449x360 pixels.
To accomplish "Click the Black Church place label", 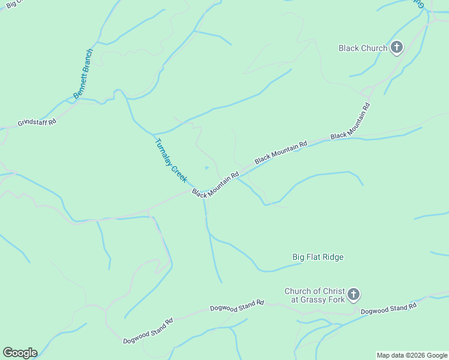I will point(363,48).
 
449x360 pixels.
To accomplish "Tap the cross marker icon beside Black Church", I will point(396,47).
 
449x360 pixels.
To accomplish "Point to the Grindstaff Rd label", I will point(37,122).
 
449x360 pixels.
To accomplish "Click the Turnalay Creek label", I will point(172,161).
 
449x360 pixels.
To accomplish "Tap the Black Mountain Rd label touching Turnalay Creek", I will point(215,184).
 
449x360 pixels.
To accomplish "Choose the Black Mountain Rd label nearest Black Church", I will point(350,121).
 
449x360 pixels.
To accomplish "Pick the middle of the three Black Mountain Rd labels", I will point(281,152).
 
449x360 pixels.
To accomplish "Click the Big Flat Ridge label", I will point(318,257).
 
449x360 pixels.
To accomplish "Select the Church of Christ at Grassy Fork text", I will point(315,295).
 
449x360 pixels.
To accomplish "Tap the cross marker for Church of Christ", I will point(354,294).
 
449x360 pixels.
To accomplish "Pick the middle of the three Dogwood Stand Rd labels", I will point(237,305).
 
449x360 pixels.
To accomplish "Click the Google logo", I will point(20,352).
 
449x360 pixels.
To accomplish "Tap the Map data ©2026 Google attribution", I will point(412,355).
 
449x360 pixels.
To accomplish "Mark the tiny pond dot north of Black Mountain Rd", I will point(207,167).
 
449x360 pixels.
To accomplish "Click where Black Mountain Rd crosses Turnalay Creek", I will point(204,194).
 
